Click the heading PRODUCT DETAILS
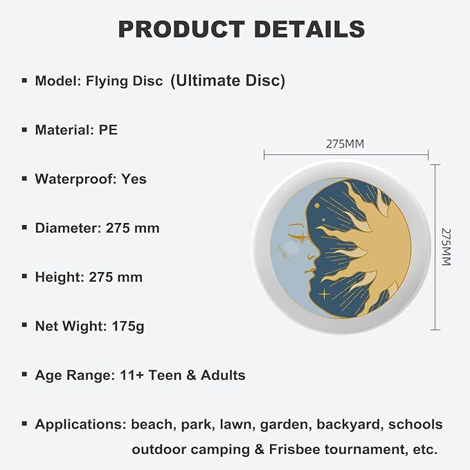(241, 29)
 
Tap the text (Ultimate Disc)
(228, 80)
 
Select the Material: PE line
(76, 129)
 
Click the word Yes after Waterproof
(134, 179)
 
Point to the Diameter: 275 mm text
(97, 228)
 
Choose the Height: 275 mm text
(89, 277)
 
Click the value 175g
(127, 326)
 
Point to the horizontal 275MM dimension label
(345, 145)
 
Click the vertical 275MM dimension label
(446, 247)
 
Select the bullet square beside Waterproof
(24, 179)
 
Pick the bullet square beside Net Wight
(24, 326)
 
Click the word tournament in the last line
(370, 449)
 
